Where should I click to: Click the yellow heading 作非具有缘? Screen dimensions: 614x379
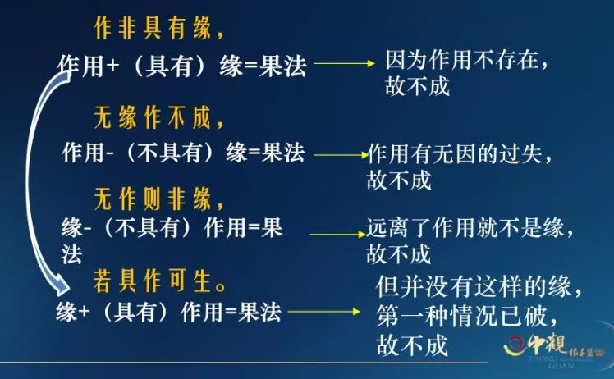click(x=153, y=28)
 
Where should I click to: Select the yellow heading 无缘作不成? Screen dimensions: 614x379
click(x=153, y=117)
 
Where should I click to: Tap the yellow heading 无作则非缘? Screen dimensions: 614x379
click(x=153, y=199)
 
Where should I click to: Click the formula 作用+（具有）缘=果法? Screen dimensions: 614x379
click(x=181, y=66)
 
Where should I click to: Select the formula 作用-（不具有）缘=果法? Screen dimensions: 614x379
click(x=183, y=153)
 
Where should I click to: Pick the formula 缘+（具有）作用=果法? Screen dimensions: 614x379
click(x=168, y=312)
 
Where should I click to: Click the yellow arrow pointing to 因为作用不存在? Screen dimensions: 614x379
click(x=345, y=63)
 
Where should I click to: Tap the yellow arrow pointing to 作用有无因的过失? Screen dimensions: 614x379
click(x=341, y=155)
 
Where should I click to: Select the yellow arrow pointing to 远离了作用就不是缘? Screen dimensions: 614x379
click(x=337, y=234)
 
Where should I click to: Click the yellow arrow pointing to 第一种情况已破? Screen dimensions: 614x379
click(x=324, y=312)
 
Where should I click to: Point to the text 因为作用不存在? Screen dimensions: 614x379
click(x=462, y=61)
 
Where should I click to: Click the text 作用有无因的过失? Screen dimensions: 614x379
click(x=455, y=153)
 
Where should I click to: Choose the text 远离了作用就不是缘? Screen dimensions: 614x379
click(x=465, y=227)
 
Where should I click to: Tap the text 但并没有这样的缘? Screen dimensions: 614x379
click(x=474, y=286)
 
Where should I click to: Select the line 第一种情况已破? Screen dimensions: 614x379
click(x=461, y=316)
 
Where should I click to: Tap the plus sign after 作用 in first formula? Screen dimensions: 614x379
click(x=112, y=65)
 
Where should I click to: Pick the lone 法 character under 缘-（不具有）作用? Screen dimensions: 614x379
click(x=71, y=255)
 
